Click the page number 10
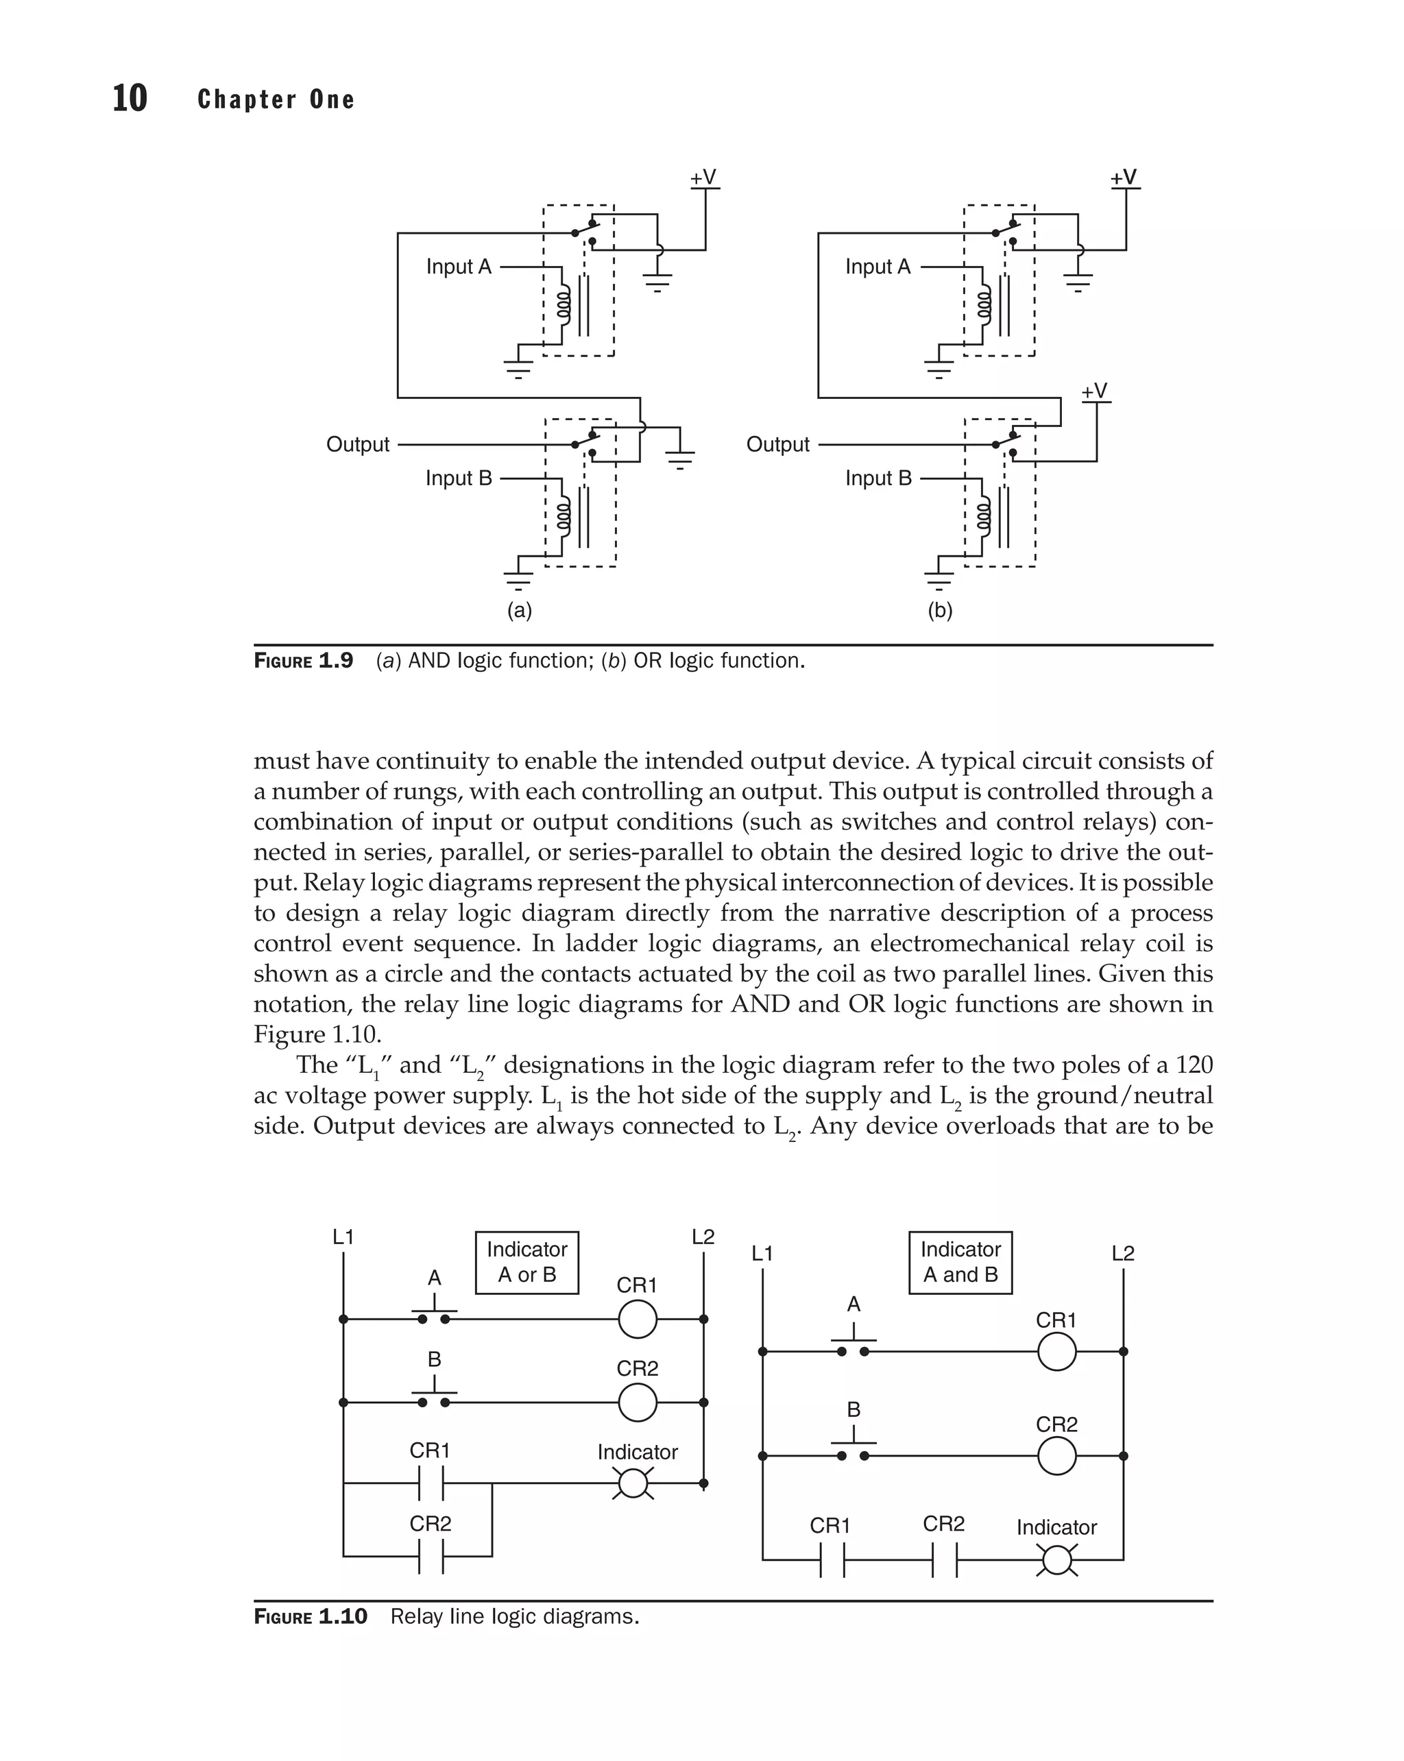click(129, 98)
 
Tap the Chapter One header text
click(276, 99)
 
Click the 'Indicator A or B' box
click(526, 1262)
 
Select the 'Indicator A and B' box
click(960, 1262)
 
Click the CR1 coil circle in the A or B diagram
click(637, 1318)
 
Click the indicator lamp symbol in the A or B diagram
click(633, 1483)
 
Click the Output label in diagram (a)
click(358, 444)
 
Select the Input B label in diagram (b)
click(878, 478)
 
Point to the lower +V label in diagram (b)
click(1093, 391)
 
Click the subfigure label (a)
click(520, 610)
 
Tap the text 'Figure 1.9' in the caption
click(303, 661)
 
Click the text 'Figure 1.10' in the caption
click(311, 1616)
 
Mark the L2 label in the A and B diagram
click(1122, 1253)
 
